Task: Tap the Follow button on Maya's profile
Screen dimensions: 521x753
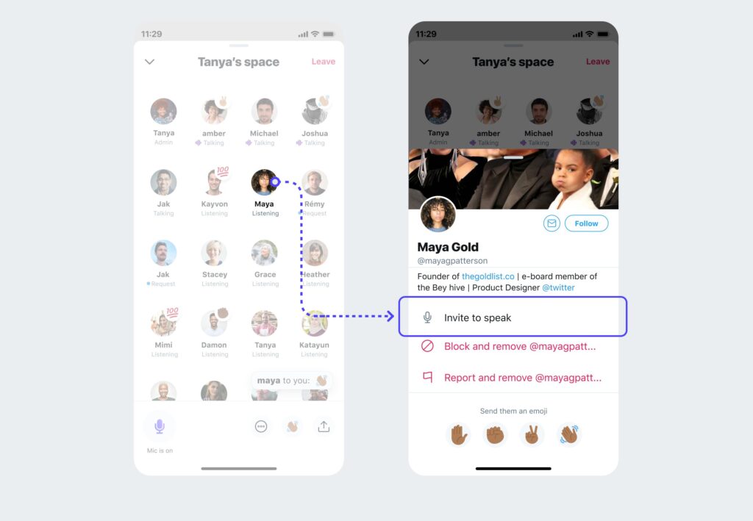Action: pyautogui.click(x=586, y=223)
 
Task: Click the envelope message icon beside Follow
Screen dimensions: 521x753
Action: pyautogui.click(x=552, y=223)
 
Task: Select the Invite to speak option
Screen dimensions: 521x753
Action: pyautogui.click(x=513, y=317)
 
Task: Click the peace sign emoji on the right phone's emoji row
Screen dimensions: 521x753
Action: pyautogui.click(x=532, y=434)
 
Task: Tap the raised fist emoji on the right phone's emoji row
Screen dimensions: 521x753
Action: pyautogui.click(x=496, y=434)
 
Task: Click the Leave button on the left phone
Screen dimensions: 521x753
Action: pyautogui.click(x=323, y=62)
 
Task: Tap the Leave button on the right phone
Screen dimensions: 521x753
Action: pyautogui.click(x=597, y=62)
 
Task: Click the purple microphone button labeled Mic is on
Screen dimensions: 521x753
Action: pyautogui.click(x=160, y=426)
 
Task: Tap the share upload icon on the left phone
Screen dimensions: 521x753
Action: pyautogui.click(x=323, y=426)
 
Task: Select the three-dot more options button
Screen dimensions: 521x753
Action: pyautogui.click(x=261, y=426)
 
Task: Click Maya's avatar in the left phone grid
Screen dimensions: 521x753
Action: pyautogui.click(x=263, y=182)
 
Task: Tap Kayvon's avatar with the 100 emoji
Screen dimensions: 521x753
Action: pyautogui.click(x=214, y=182)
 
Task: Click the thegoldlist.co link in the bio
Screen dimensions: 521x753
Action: pyautogui.click(x=488, y=276)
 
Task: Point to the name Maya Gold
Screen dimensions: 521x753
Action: pyautogui.click(x=448, y=247)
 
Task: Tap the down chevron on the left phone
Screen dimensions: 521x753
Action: pyautogui.click(x=149, y=62)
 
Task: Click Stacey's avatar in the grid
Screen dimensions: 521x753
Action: pyautogui.click(x=214, y=253)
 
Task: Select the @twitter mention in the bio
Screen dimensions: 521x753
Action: pyautogui.click(x=558, y=287)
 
